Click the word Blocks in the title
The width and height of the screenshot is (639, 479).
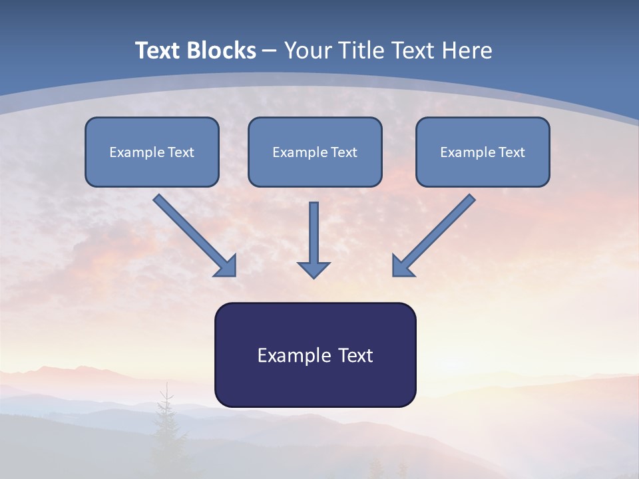(222, 51)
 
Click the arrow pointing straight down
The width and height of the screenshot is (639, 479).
(314, 236)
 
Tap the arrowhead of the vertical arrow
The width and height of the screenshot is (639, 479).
(314, 269)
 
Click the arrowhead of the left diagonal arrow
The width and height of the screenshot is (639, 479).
(227, 267)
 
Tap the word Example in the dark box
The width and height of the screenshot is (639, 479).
(294, 355)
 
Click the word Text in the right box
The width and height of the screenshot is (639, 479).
(512, 152)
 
